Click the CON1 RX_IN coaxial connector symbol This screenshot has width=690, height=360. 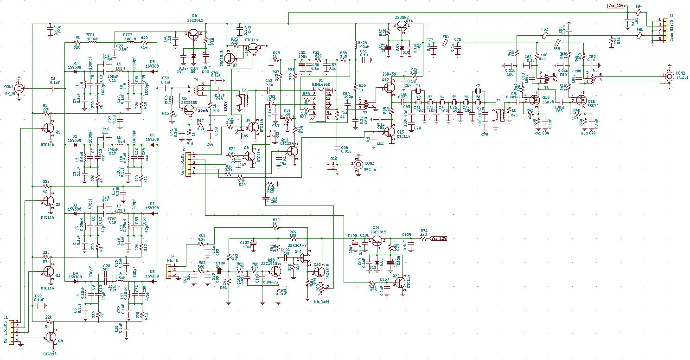[19, 88]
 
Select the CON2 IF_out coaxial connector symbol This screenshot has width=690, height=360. [669, 78]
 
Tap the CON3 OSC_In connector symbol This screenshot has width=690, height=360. [358, 164]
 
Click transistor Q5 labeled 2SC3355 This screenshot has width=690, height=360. [189, 110]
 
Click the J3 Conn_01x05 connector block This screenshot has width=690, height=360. [659, 31]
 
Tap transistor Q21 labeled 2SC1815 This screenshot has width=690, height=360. [377, 240]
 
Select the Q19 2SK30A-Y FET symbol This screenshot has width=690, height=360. [305, 258]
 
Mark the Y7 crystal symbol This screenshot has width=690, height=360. [478, 93]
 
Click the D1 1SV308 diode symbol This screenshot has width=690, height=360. [75, 71]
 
